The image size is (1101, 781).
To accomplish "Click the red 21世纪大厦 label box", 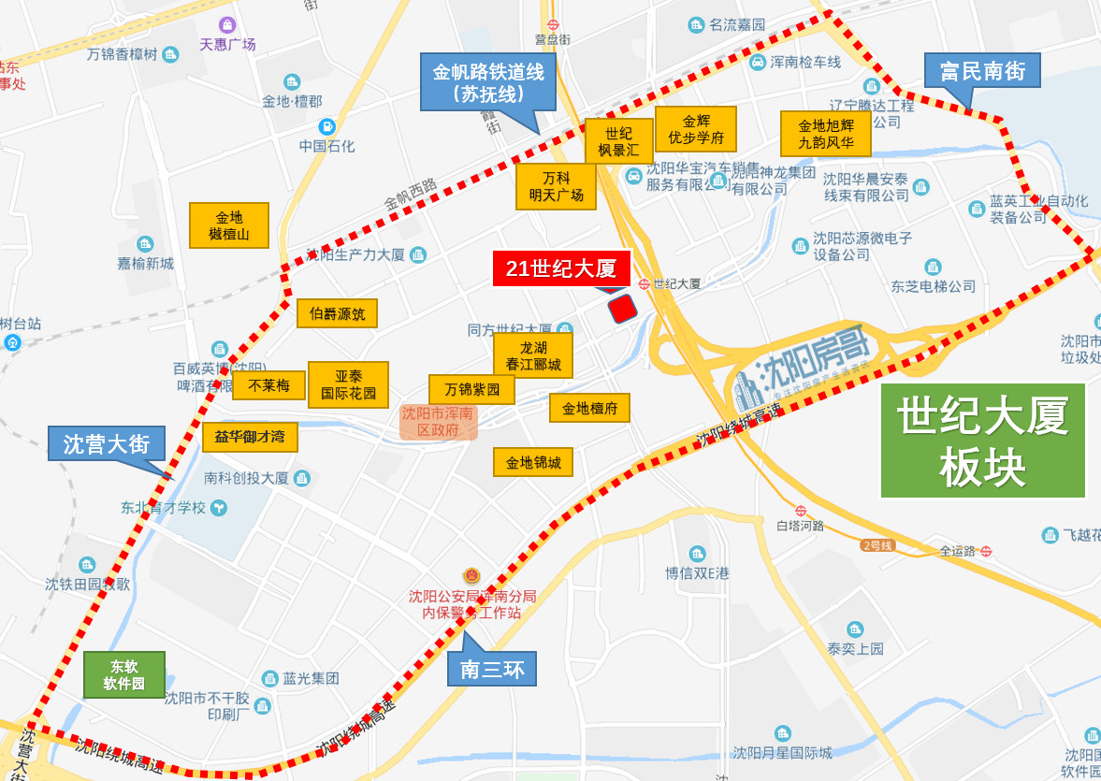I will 561,268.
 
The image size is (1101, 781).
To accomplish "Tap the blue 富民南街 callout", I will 982,71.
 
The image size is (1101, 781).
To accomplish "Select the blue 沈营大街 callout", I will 107,443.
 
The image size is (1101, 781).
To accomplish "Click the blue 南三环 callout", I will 492,669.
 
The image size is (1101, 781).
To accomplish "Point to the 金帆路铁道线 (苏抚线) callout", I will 487,81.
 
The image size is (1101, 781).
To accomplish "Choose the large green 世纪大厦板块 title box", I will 982,441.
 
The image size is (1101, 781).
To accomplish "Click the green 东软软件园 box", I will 124,674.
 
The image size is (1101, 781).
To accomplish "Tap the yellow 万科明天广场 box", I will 556,186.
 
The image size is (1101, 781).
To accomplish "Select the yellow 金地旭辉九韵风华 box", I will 825,135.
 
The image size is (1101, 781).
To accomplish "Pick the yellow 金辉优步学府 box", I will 695,129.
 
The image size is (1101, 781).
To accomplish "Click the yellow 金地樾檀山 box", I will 229,225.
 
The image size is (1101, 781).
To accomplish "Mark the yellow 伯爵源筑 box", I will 337,313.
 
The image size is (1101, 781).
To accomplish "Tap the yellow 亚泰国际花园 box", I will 348,384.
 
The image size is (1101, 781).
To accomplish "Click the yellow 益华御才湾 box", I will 250,437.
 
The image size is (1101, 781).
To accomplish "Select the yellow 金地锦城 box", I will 533,462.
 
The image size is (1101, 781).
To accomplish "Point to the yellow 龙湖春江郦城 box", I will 533,355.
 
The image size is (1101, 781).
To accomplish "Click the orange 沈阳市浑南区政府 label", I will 439,422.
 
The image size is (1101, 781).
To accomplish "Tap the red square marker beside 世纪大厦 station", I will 622,308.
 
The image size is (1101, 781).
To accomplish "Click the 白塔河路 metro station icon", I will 801,510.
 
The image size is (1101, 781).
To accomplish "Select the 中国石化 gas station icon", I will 326,126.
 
